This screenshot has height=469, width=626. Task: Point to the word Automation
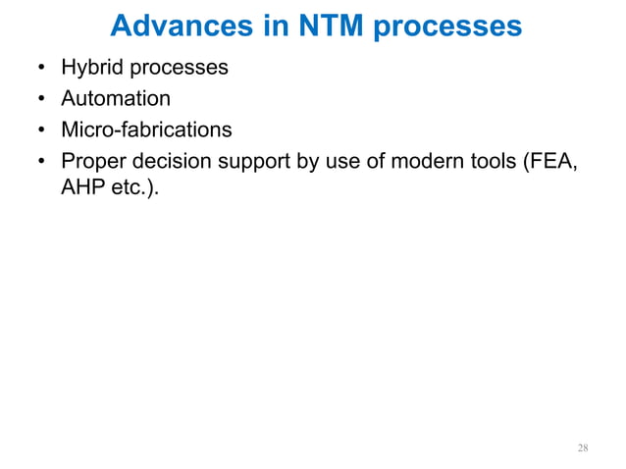point(116,98)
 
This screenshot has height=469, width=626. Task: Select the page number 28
point(583,448)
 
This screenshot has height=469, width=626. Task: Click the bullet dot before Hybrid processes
point(40,69)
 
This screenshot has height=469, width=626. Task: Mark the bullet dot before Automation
point(40,99)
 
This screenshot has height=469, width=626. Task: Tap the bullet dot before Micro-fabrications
point(40,130)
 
